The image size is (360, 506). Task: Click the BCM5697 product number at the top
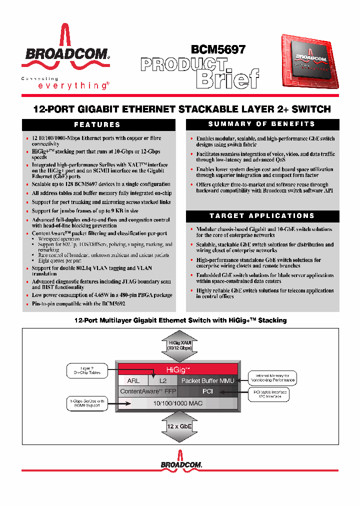tap(218, 49)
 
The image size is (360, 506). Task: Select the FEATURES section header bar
tap(97, 124)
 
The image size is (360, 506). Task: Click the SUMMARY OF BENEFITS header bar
tap(261, 124)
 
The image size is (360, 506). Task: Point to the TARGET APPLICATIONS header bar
tap(261, 215)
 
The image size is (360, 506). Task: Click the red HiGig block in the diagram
tap(182, 369)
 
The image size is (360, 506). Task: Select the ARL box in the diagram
tap(133, 381)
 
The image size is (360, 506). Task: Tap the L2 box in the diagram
tap(162, 381)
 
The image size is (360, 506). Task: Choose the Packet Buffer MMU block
tap(207, 381)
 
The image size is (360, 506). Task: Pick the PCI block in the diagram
tap(208, 391)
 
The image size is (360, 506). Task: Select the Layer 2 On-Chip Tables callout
tap(87, 370)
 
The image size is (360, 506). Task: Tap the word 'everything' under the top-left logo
tap(72, 86)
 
